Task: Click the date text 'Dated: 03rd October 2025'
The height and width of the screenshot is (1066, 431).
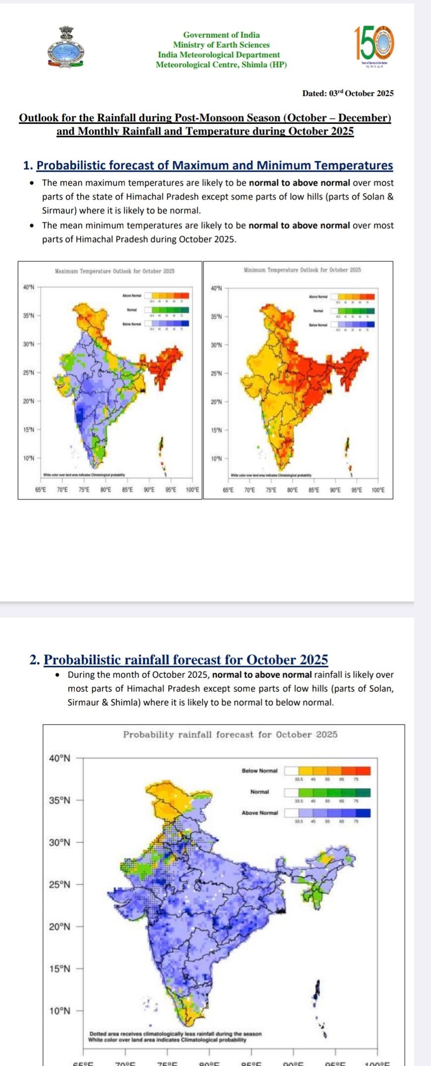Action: pos(348,93)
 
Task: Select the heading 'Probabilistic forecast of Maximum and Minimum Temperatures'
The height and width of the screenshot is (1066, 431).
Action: pos(215,165)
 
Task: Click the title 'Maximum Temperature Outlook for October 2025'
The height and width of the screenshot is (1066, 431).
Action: pos(114,271)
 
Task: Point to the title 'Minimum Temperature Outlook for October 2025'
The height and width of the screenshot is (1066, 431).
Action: pos(302,270)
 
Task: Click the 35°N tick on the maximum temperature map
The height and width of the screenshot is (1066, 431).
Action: pos(29,315)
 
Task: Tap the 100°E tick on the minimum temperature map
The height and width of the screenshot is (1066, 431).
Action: pos(378,490)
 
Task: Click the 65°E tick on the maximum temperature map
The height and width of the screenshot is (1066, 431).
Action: pos(41,490)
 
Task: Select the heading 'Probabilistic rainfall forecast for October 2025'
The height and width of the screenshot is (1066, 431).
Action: pos(186,660)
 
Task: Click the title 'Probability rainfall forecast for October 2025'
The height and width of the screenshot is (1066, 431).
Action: pos(230,735)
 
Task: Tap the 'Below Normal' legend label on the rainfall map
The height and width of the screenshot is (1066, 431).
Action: pos(260,771)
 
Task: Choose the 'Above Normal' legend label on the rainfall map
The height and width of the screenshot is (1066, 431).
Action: pos(260,812)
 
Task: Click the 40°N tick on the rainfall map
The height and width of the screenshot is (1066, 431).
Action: pos(60,758)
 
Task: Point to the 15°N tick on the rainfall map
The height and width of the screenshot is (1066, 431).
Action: pos(60,968)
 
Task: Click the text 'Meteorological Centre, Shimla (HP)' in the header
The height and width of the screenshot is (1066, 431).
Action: pos(221,64)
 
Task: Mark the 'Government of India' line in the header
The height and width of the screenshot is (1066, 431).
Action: pos(221,35)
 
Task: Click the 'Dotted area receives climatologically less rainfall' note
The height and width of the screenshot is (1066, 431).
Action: pos(175,1034)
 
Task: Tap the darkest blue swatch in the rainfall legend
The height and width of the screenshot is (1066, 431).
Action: pos(363,812)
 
